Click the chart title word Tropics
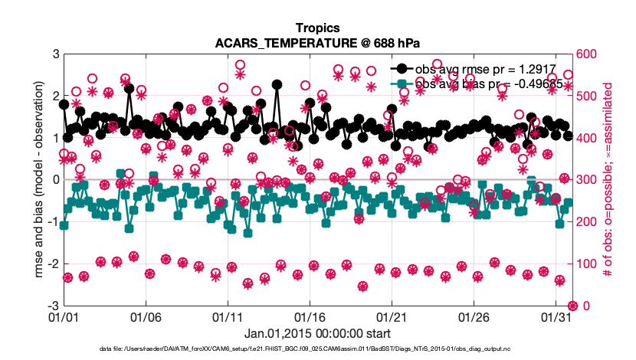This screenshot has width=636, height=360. [x=318, y=28]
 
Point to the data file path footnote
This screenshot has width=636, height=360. [x=317, y=349]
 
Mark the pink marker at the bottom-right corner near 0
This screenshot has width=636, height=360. [x=572, y=305]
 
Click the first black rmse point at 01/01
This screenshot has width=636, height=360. [x=64, y=104]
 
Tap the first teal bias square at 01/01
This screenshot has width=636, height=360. [x=64, y=225]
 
